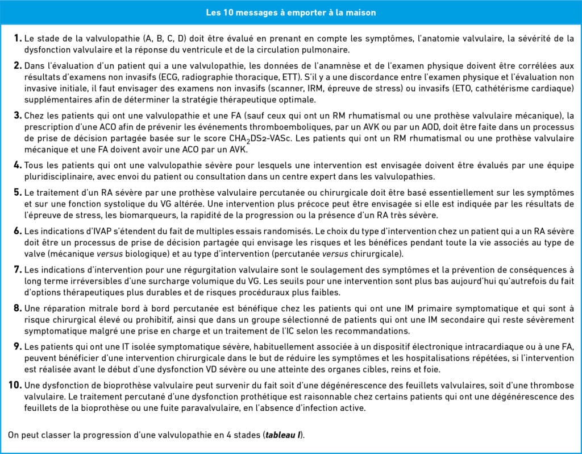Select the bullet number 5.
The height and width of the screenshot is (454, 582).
click(18, 193)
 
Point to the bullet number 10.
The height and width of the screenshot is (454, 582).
click(15, 385)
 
